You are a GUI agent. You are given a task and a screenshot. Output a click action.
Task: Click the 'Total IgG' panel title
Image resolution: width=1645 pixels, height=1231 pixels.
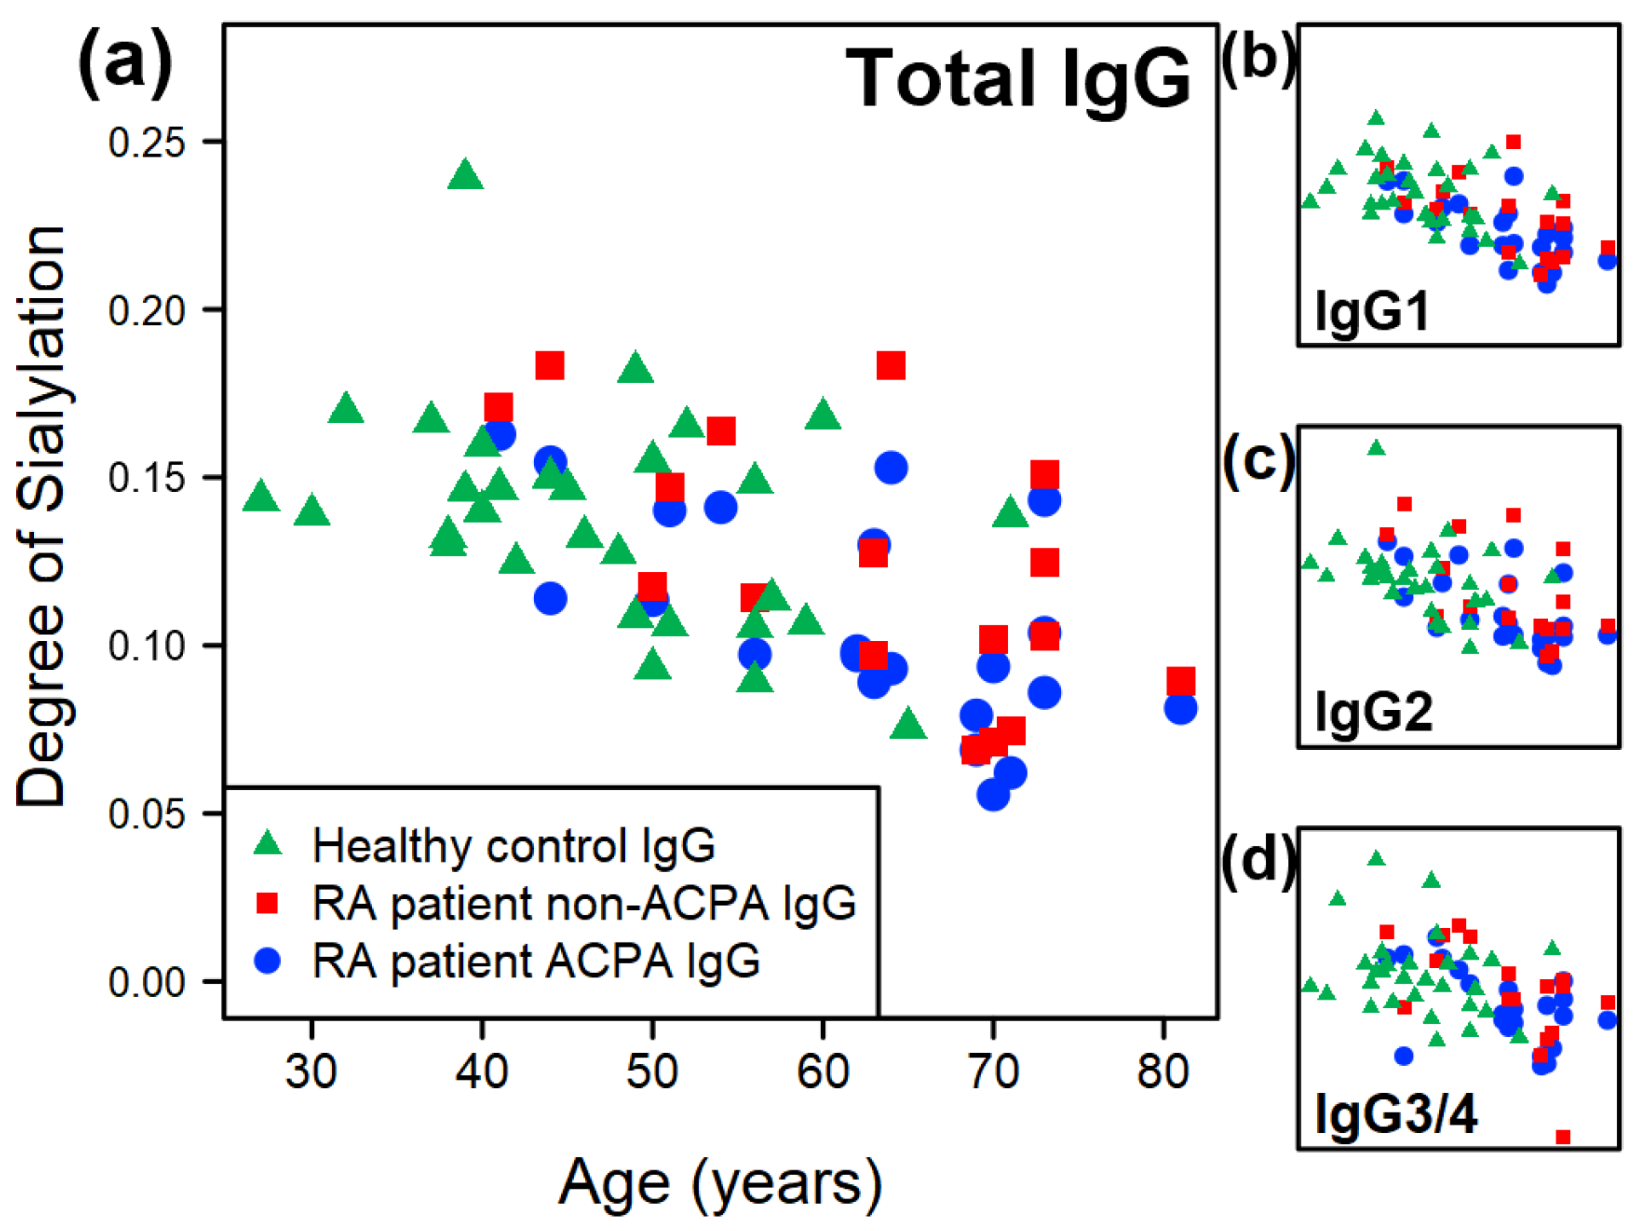pyautogui.click(x=1017, y=78)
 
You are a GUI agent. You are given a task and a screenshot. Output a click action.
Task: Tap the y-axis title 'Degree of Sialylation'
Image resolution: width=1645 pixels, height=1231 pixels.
pyautogui.click(x=41, y=516)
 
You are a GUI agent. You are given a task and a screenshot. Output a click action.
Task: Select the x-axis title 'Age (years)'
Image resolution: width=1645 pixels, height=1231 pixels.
pyautogui.click(x=720, y=1183)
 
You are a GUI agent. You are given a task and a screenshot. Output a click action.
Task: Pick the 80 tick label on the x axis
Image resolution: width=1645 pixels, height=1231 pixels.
pyautogui.click(x=1163, y=1071)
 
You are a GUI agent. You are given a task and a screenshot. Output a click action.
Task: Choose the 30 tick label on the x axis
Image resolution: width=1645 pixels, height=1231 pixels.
pyautogui.click(x=312, y=1071)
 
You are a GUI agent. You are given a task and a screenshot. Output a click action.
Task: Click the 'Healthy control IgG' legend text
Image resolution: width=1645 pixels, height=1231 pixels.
pyautogui.click(x=513, y=846)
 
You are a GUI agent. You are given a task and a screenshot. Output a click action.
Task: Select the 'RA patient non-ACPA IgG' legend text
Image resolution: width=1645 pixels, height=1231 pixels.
pyautogui.click(x=584, y=903)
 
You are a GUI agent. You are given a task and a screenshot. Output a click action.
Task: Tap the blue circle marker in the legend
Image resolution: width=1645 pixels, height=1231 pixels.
pyautogui.click(x=268, y=961)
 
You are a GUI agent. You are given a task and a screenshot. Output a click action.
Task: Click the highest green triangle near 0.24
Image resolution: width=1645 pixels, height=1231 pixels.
pyautogui.click(x=466, y=175)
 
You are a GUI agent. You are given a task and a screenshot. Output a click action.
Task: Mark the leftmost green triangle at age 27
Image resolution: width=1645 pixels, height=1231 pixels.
pyautogui.click(x=261, y=496)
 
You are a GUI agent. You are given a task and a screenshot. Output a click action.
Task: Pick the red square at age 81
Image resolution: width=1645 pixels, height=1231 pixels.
pyautogui.click(x=1181, y=681)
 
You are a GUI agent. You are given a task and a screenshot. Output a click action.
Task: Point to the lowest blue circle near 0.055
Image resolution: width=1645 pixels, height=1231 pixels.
pyautogui.click(x=993, y=795)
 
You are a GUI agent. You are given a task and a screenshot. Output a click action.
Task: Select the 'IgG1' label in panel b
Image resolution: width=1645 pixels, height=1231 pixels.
pyautogui.click(x=1372, y=311)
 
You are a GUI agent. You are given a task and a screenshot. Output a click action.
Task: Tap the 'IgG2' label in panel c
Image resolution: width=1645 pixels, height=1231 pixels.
pyautogui.click(x=1373, y=712)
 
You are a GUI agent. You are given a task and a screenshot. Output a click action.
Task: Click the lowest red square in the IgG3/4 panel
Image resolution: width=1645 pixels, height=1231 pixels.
pyautogui.click(x=1563, y=1137)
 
